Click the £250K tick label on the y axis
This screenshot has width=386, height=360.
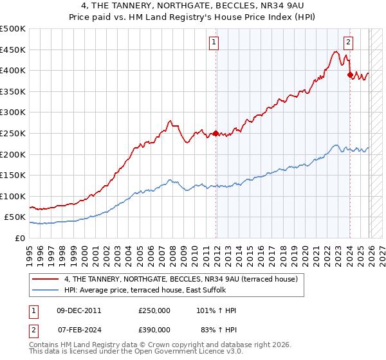click(12, 133)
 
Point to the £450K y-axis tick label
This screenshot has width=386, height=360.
click(12, 50)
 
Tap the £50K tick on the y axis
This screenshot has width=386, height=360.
click(15, 217)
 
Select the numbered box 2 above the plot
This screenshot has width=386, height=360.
click(348, 43)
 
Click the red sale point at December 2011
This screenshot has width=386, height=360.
click(216, 134)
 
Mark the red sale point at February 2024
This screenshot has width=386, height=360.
click(350, 75)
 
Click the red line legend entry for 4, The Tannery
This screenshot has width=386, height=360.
click(180, 280)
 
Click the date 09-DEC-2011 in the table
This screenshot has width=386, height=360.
click(78, 310)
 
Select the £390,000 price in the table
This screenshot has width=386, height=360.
click(154, 330)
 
